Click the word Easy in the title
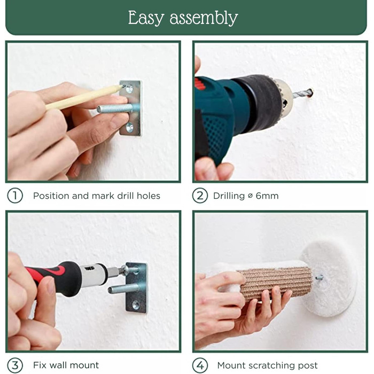146,18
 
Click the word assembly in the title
204,18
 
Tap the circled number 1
15,196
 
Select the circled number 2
200,196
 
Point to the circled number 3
15,365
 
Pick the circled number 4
200,365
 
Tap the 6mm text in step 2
267,196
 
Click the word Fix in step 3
40,365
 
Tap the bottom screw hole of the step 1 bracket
130,127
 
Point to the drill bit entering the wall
302,93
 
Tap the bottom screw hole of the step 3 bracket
136,305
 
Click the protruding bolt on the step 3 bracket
123,289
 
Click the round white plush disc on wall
329,279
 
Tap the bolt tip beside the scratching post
320,277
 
